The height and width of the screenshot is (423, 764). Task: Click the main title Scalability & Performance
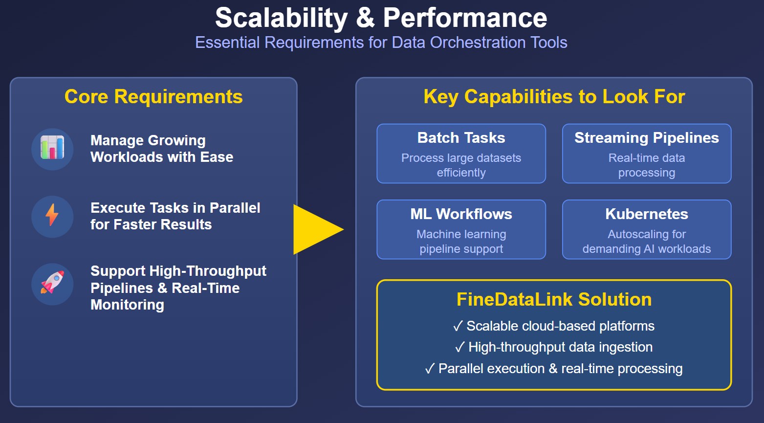point(381,18)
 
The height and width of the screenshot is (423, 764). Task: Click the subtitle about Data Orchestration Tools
point(381,43)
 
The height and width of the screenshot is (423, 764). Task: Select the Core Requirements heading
point(153,96)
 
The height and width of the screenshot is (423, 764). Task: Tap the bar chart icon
point(52,149)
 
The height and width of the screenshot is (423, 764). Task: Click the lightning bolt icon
point(52,216)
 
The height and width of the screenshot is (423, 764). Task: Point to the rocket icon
point(52,283)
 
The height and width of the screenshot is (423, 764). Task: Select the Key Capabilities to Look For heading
point(554,96)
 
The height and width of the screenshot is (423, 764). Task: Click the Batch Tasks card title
point(461,138)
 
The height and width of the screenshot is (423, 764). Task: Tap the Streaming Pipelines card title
point(646,138)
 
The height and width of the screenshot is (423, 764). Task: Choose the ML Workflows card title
point(461,214)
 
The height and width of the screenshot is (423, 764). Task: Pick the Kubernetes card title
point(646,214)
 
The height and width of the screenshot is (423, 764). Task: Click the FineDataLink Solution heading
point(554,299)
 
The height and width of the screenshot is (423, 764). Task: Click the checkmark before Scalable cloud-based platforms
point(458,326)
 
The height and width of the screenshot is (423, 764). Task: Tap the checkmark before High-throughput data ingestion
point(459,347)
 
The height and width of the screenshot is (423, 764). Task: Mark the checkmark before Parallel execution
point(430,369)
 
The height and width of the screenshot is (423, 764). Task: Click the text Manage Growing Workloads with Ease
point(161,149)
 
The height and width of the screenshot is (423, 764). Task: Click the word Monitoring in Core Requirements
point(127,305)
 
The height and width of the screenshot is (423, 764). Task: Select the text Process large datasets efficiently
point(461,165)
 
